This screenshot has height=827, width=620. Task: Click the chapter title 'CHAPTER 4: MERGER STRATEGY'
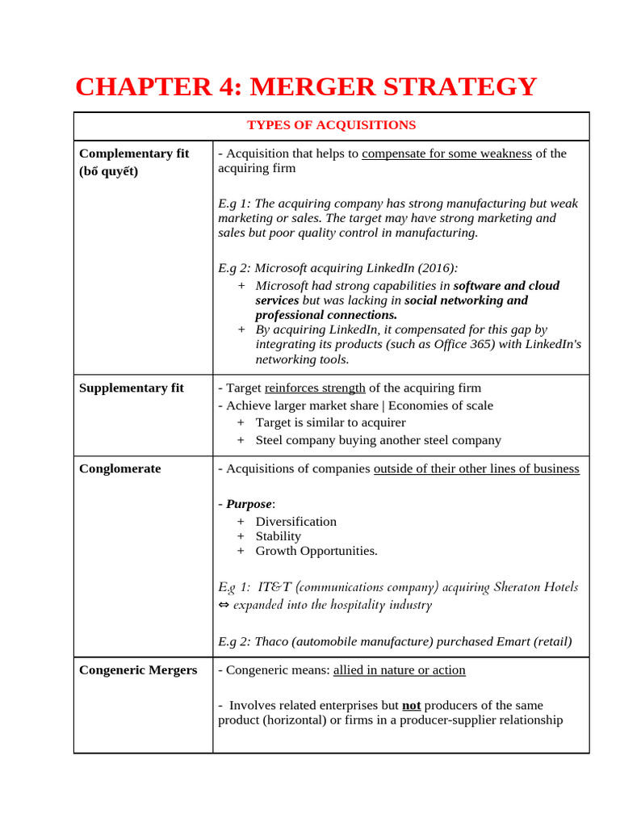(305, 86)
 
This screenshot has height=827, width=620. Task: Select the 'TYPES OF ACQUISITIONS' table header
(331, 125)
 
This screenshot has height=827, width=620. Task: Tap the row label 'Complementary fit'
(134, 153)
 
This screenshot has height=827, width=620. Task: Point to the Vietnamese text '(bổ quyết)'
(109, 171)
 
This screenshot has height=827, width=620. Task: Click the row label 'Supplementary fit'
(132, 388)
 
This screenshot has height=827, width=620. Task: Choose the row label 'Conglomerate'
(119, 468)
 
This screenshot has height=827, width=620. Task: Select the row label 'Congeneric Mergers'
(138, 670)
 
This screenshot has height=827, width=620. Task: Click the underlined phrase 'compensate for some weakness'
(446, 153)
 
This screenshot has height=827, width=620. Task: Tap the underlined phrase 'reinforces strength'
(315, 388)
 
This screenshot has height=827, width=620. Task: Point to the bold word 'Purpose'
(249, 504)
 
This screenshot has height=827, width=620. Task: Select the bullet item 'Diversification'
(295, 522)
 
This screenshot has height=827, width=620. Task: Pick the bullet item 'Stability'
(278, 536)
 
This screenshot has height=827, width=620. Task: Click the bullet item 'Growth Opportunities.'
(316, 551)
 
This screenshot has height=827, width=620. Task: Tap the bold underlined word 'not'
(412, 705)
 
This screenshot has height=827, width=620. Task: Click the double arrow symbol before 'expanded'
(224, 605)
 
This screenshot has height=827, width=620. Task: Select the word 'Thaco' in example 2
(271, 642)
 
